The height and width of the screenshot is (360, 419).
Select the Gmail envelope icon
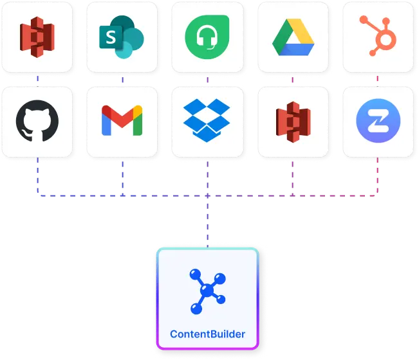coord(122,121)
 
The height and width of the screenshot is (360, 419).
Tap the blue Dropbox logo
coord(207,121)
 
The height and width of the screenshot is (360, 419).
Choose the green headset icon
coord(207,36)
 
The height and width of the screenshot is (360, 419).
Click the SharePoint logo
coord(121,37)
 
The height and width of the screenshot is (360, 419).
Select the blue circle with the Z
coord(378,121)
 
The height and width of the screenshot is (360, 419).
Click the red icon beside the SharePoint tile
coord(37,37)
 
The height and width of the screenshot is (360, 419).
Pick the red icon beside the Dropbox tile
coord(292,122)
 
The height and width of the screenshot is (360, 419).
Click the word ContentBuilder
coord(207,334)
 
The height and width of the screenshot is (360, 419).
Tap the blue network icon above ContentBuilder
coord(207,291)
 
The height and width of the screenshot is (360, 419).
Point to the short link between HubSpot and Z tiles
coord(377,79)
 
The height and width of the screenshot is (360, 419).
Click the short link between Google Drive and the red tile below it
coord(292,79)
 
